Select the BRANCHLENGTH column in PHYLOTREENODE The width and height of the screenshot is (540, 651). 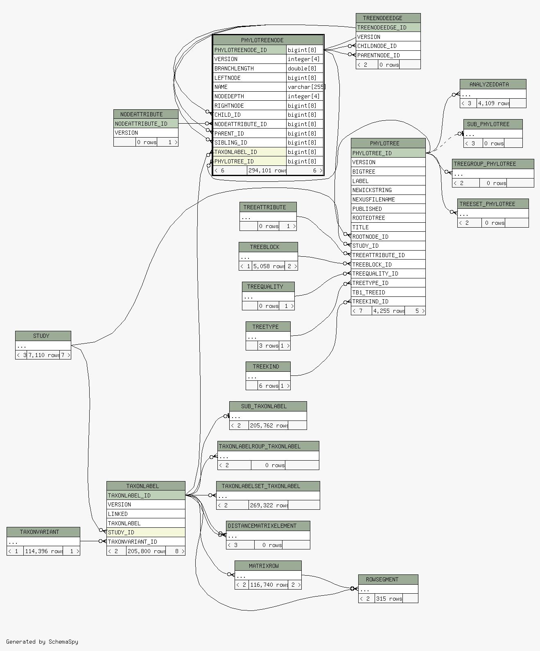coord(249,68)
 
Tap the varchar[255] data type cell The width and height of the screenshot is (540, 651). coord(305,87)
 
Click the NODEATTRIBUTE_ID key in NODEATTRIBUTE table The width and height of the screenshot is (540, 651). coord(146,124)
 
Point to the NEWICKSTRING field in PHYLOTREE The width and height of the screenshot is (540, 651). coord(388,190)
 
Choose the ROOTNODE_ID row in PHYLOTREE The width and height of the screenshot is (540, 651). coord(388,236)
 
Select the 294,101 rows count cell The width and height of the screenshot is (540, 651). coord(267,171)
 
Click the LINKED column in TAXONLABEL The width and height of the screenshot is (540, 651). coord(146,514)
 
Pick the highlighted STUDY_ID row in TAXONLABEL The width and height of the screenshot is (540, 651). coord(146,532)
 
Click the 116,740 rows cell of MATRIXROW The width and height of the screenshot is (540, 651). coord(269,585)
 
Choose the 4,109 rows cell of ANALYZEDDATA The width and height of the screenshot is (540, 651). coord(493,104)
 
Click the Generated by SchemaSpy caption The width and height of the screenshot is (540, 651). coord(42,642)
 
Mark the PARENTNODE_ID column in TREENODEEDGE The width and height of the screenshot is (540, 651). coord(388,55)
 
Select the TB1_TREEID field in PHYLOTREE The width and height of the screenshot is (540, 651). coord(388,292)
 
